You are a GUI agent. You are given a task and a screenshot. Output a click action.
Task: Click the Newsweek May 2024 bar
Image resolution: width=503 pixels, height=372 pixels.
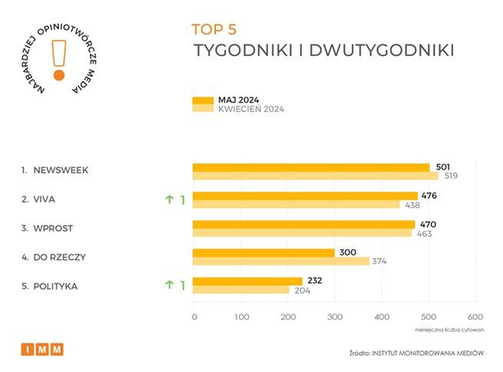tap(310, 167)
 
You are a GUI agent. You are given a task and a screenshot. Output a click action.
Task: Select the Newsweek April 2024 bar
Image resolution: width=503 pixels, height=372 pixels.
tap(315, 176)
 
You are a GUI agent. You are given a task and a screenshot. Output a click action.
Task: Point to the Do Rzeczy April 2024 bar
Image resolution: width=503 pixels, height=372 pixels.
tap(280, 262)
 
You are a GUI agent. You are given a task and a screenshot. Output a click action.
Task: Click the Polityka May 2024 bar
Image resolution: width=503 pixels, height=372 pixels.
tap(247, 281)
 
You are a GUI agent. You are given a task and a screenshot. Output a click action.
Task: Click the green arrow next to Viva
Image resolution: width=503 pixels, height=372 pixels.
tap(169, 200)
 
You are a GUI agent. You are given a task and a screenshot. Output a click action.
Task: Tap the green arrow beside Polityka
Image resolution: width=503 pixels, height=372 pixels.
tap(169, 285)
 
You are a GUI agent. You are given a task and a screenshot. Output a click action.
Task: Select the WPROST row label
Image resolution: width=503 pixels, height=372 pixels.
tap(54, 229)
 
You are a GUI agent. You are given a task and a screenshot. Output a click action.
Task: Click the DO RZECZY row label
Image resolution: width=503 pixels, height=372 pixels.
tap(59, 257)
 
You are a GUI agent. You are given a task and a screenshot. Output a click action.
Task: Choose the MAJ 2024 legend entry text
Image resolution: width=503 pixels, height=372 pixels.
tap(239, 100)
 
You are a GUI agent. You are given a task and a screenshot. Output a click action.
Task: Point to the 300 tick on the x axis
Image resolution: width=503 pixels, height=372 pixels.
tap(335, 317)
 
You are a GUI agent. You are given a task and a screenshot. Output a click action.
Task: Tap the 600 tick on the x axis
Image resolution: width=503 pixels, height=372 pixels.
tap(475, 317)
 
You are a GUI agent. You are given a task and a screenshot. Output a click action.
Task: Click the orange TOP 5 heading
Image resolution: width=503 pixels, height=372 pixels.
tap(214, 30)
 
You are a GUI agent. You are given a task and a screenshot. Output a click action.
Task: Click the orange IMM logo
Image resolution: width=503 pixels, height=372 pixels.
tap(42, 349)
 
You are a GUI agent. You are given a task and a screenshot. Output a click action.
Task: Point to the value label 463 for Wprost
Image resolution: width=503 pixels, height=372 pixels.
tap(425, 233)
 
